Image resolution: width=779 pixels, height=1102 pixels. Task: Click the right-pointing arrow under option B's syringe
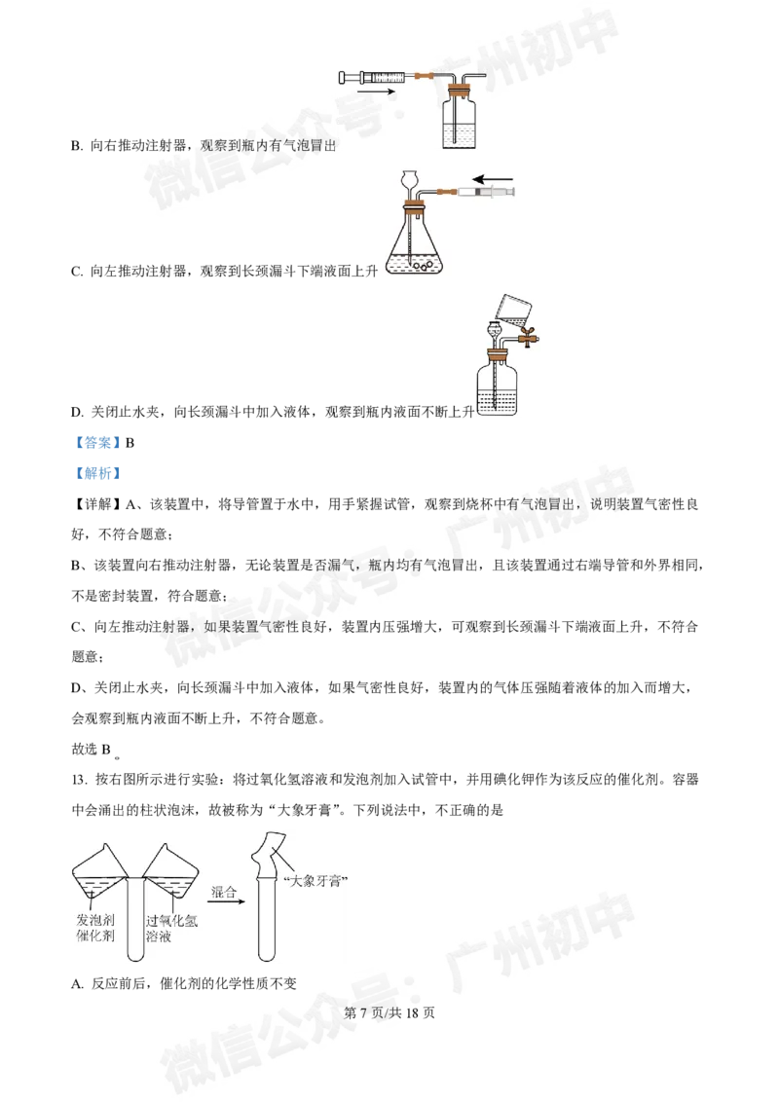376,91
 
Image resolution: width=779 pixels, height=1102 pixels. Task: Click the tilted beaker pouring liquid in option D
514,311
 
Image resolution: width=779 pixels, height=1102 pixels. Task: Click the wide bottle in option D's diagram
497,386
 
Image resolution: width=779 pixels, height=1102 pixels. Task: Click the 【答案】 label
97,443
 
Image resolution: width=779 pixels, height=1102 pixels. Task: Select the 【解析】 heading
97,473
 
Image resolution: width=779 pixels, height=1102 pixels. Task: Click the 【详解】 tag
97,504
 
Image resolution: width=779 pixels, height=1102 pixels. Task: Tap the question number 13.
79,780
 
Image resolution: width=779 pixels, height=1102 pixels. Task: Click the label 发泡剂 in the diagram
94,919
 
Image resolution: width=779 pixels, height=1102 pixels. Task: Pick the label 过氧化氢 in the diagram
171,921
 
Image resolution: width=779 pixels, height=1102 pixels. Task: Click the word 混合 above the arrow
224,892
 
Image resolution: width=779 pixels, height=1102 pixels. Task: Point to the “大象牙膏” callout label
315,881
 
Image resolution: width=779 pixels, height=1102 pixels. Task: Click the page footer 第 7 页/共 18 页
389,1012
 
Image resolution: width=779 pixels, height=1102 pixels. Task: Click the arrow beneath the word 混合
226,901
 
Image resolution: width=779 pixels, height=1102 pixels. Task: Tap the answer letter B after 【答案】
130,444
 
